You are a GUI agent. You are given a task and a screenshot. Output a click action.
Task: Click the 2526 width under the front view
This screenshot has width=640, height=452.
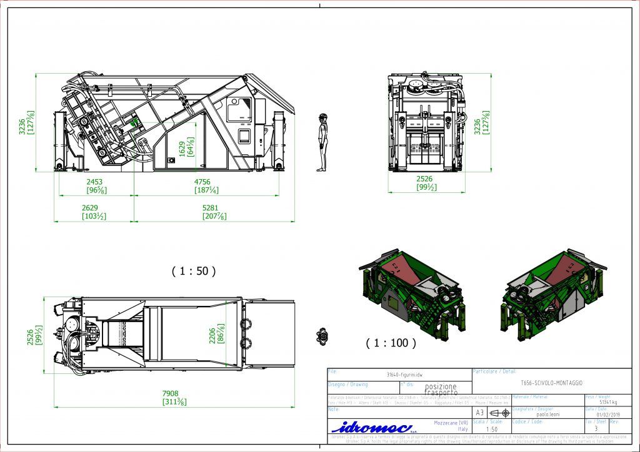425,179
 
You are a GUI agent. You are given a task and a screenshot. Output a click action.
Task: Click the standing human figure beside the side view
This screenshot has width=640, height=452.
322,142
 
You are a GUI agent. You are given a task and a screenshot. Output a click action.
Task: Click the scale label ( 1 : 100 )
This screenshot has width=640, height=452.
391,342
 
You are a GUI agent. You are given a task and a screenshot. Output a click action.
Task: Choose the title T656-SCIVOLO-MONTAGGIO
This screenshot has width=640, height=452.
551,381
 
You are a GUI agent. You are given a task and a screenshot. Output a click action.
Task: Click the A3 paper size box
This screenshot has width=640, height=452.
479,413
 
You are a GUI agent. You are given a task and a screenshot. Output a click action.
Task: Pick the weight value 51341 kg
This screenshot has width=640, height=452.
607,402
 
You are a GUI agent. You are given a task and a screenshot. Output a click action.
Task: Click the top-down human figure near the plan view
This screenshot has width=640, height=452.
322,336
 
